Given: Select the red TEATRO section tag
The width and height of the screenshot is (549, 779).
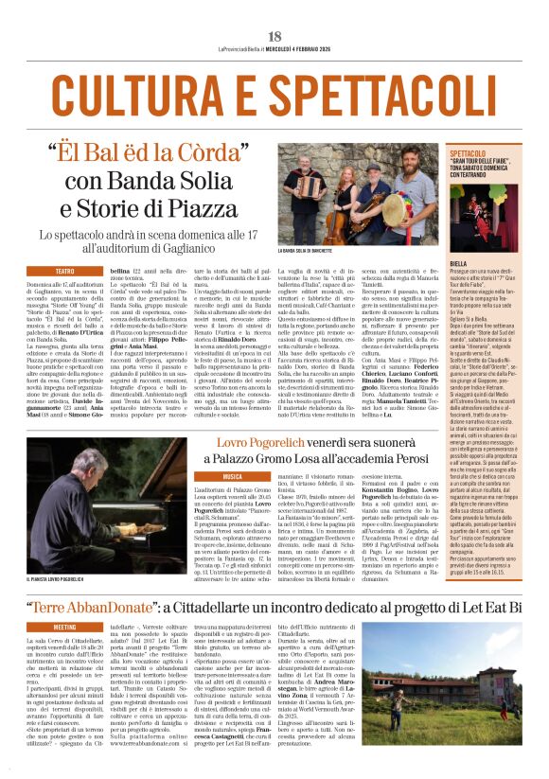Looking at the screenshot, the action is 63,271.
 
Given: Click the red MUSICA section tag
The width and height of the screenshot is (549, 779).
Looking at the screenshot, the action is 232,476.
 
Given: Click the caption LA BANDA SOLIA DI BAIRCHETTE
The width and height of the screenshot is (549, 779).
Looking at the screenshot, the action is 316,250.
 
